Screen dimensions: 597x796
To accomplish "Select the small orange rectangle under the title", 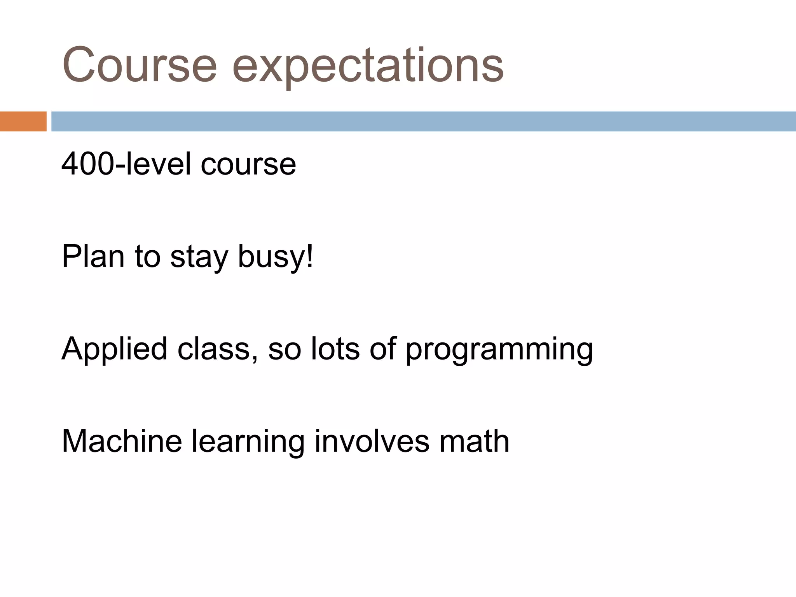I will pos(23,121).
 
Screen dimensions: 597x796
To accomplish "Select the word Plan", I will pos(93,257).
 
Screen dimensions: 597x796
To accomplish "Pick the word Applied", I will pos(114,349).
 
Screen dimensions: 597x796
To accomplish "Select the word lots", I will pos(335,349).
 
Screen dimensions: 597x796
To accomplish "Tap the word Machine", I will pos(122,441).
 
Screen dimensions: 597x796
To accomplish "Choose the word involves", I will pos(372,441).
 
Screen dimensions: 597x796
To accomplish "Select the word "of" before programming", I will pos(383,349).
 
